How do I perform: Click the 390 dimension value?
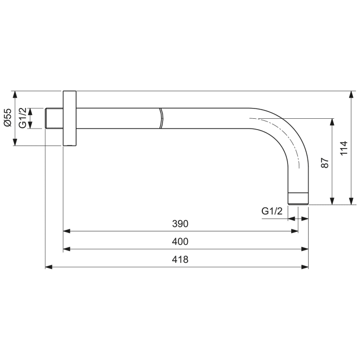tap(181, 224)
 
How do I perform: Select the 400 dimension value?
tap(181, 242)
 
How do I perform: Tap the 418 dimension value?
tap(181, 260)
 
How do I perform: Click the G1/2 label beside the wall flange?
tap(23, 118)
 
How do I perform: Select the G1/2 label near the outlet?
tap(272, 211)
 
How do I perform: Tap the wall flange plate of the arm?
tap(70, 119)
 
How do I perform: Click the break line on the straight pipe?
tap(160, 119)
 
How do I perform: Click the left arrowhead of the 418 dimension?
tap(48, 267)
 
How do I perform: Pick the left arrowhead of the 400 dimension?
tap(66, 249)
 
